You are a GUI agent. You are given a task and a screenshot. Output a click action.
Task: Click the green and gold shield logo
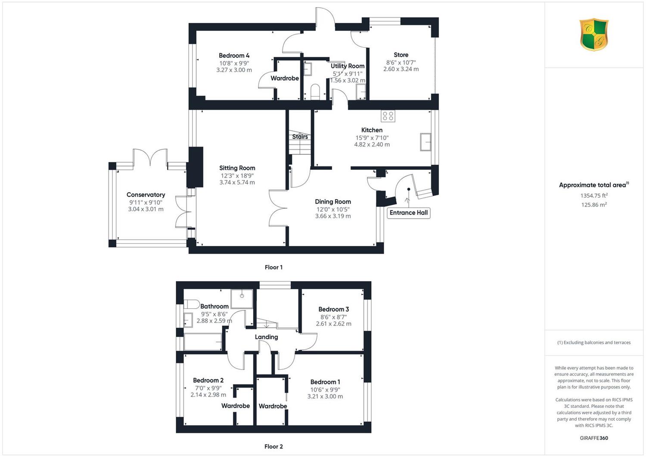click(594, 34)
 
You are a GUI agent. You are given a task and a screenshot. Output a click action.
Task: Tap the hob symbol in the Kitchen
click(388, 116)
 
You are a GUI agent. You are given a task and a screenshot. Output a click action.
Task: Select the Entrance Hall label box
click(409, 213)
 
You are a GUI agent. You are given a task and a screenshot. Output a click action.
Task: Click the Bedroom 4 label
click(234, 56)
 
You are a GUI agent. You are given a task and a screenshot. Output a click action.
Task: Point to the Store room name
click(401, 55)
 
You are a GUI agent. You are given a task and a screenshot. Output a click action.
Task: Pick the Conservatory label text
click(146, 195)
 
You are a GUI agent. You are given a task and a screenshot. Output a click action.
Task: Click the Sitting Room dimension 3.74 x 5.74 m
click(237, 182)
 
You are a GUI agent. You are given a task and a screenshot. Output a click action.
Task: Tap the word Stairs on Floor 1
click(300, 137)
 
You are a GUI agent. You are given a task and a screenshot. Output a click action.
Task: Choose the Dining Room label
click(333, 202)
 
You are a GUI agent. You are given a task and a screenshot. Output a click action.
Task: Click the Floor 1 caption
click(273, 267)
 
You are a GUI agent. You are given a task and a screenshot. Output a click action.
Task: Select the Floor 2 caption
click(273, 447)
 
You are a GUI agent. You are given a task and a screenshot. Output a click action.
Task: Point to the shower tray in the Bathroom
click(242, 299)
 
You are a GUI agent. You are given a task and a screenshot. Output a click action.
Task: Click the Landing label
click(266, 337)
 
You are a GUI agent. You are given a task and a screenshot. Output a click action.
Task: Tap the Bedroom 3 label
click(334, 309)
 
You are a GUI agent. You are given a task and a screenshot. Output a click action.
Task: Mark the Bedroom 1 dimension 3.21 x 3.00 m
click(325, 396)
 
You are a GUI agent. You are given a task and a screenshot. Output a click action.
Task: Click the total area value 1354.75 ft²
click(594, 195)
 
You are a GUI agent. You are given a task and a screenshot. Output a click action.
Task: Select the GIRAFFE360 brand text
click(594, 438)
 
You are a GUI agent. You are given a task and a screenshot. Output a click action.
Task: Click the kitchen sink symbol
click(425, 142)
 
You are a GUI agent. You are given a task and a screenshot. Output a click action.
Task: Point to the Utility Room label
click(348, 66)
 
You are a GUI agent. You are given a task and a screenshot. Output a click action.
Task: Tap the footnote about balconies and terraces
click(594, 343)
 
